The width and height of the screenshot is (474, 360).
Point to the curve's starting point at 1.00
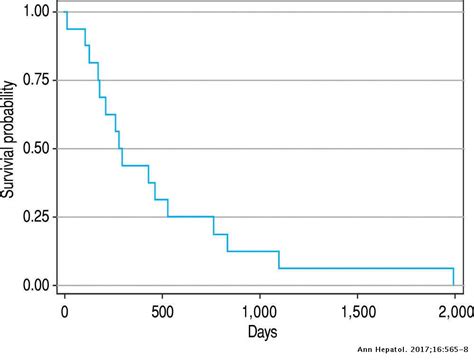[x=66, y=12]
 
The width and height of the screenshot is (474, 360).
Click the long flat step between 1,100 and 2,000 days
[x=365, y=268]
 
